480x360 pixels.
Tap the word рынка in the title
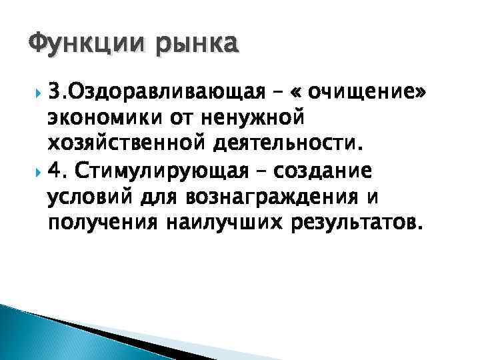(x=196, y=45)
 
